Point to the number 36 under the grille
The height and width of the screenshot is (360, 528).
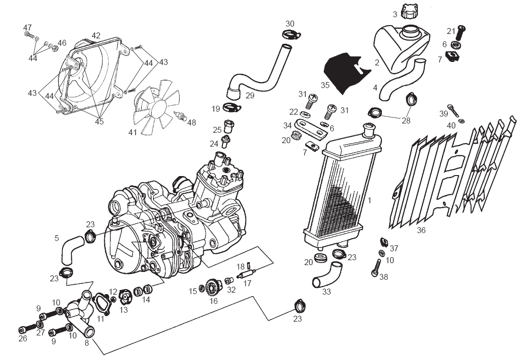click(x=421, y=230)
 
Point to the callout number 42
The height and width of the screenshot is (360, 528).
click(x=96, y=35)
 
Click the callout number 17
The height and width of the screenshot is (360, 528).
click(x=247, y=283)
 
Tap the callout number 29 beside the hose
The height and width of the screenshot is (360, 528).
click(x=250, y=95)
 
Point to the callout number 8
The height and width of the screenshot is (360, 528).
click(x=87, y=343)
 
